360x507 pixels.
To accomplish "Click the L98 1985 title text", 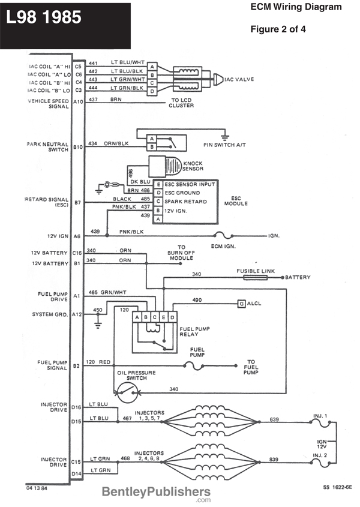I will coord(43,18).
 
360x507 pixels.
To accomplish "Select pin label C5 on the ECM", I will coord(78,63).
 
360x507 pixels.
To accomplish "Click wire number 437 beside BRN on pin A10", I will coord(94,100).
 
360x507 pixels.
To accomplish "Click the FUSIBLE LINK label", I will coord(256,271).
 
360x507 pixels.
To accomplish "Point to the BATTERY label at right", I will coord(298,278).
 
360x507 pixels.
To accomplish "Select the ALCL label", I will coord(255,304).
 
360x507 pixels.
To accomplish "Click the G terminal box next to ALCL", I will coord(241,304).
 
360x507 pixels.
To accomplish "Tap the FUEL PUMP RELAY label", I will coord(194,332).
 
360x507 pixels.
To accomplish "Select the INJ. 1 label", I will coord(320,415).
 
